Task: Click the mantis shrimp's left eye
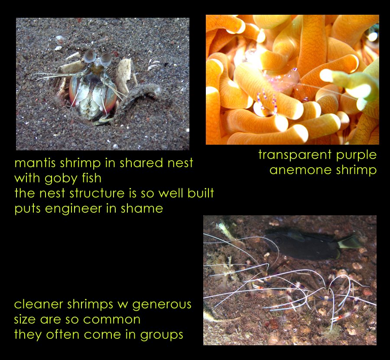89,56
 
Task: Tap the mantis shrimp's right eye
106,59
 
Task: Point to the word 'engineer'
74,209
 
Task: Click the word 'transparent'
295,155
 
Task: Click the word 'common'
112,320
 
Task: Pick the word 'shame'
142,208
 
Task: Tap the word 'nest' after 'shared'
180,163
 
